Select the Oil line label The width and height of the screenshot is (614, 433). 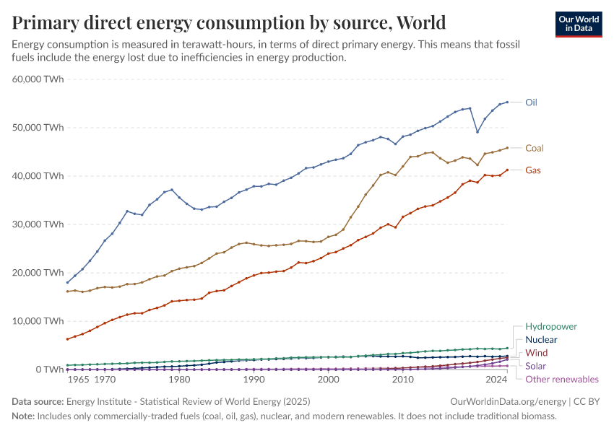click(531, 102)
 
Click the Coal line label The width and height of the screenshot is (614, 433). click(534, 148)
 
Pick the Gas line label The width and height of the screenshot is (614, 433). click(533, 170)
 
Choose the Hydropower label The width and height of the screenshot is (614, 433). click(551, 326)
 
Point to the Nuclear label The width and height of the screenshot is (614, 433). click(541, 339)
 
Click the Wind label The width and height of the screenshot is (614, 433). click(536, 353)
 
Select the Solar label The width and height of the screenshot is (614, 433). click(537, 366)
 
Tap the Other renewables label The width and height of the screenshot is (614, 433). click(562, 379)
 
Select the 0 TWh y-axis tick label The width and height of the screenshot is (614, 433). click(49, 369)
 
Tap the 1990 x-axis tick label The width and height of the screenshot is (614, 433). click(253, 379)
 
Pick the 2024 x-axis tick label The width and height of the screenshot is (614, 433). click(496, 379)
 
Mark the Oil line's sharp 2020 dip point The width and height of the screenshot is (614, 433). click(477, 132)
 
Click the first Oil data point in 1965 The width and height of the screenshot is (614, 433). click(67, 282)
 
